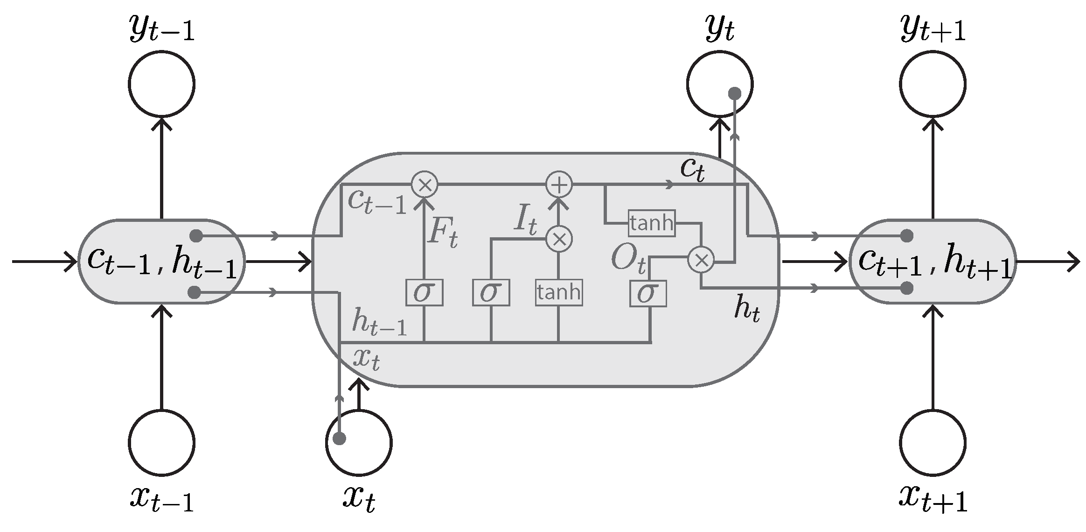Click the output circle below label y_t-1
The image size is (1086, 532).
click(161, 84)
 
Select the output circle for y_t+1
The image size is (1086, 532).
click(932, 84)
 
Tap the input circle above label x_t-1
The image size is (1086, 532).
click(161, 443)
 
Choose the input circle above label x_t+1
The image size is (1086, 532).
click(932, 443)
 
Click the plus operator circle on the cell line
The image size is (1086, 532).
click(559, 184)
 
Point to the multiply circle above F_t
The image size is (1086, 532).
click(425, 184)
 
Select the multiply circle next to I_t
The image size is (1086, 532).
click(559, 239)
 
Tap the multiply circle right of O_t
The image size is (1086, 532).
click(701, 260)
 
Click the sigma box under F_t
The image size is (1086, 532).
click(424, 293)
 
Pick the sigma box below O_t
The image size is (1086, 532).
click(648, 293)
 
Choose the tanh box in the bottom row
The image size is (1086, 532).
click(558, 293)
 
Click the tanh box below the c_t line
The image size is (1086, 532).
click(651, 223)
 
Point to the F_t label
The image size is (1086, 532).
click(442, 232)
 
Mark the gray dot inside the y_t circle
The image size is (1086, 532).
click(735, 94)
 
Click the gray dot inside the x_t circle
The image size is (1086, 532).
click(340, 439)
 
